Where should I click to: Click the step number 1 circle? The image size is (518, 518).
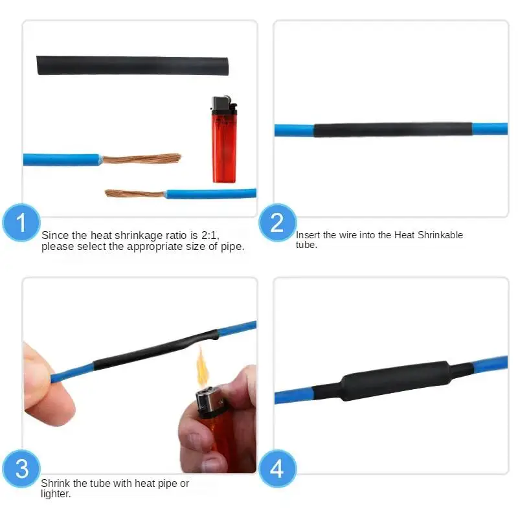coord(21,223)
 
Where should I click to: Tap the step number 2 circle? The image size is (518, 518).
coord(277,223)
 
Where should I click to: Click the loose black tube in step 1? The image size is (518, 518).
coord(132,65)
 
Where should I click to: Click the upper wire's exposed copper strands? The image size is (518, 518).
coord(141,159)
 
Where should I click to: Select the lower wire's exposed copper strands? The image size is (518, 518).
coord(135,193)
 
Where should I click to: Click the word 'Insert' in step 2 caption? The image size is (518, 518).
coord(308,235)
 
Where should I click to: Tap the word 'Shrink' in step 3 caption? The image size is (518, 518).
coord(56,484)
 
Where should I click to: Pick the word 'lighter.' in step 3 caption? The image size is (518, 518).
coord(56,494)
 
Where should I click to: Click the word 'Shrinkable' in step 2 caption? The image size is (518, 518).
coord(441,235)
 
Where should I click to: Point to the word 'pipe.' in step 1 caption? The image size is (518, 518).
coord(232,247)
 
